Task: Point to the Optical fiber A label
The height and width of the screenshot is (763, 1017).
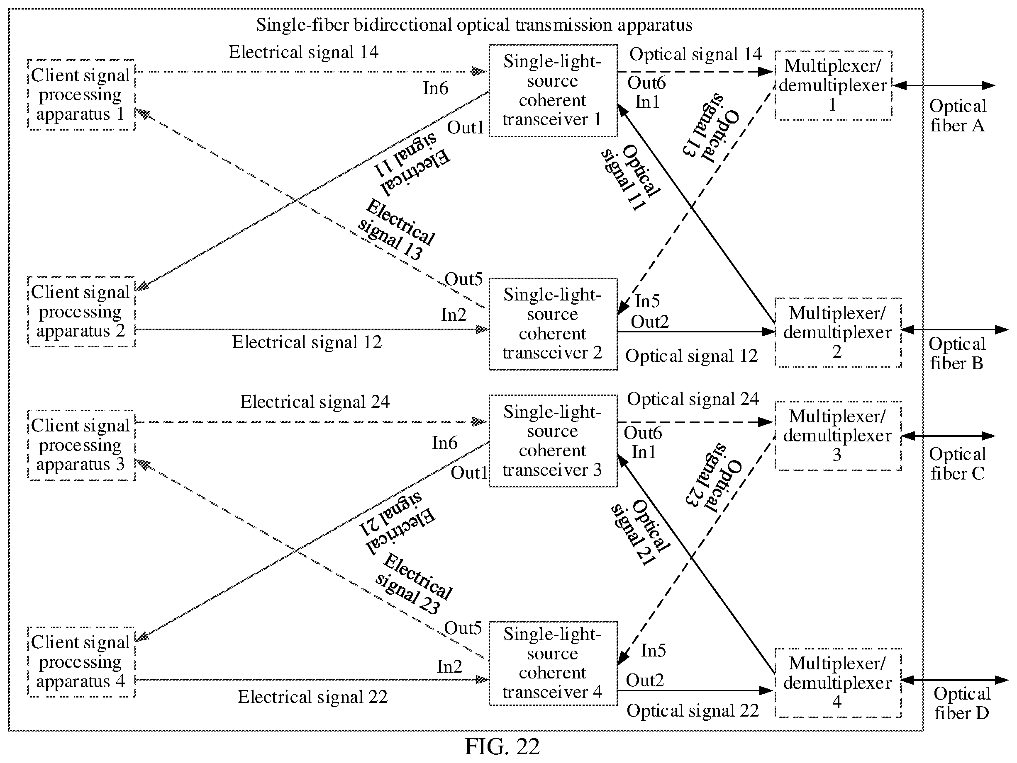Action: pos(958,116)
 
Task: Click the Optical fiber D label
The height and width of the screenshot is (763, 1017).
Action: pos(962,703)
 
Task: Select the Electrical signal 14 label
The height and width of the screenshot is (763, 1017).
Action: pos(303,52)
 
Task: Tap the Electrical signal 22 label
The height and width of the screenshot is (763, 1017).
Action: pos(312,697)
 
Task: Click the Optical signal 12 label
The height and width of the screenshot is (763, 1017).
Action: pos(691,356)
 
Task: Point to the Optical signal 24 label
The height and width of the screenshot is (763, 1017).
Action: pos(693,399)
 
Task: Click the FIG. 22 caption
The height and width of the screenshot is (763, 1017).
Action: pos(502,746)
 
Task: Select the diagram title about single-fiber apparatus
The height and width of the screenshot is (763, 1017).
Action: pos(474,25)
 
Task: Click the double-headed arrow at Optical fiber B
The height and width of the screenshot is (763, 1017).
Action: pos(954,329)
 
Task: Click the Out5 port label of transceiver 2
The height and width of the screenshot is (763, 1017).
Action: pos(463,279)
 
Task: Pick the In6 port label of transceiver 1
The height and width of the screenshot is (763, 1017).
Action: pos(435,88)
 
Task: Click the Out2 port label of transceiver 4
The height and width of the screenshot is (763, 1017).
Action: pos(644,680)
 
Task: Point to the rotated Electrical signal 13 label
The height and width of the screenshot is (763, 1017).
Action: pos(396,230)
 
